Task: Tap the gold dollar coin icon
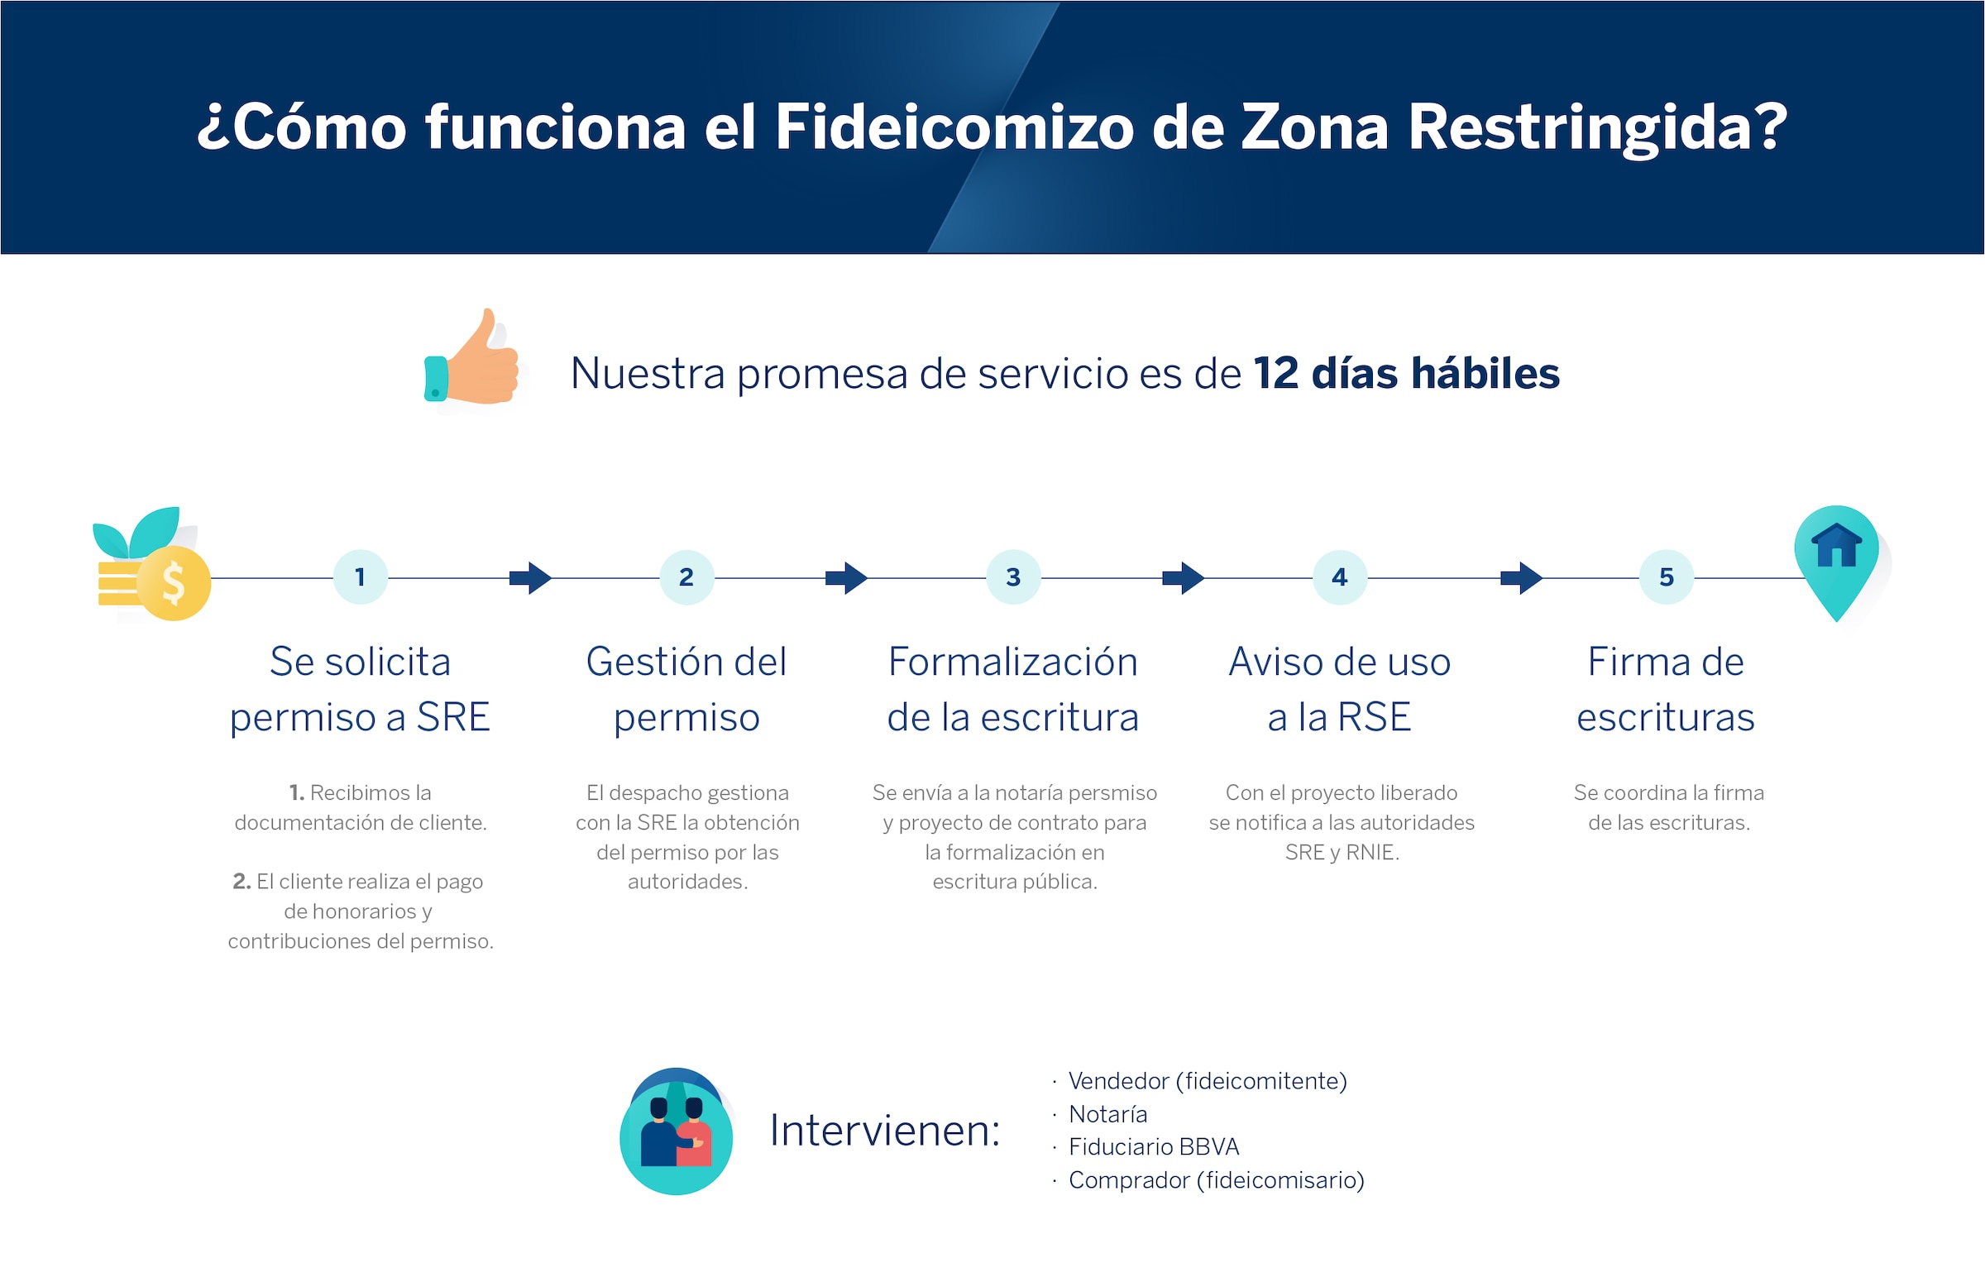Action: pyautogui.click(x=174, y=583)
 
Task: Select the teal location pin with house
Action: pyautogui.click(x=1837, y=562)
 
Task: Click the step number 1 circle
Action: pyautogui.click(x=360, y=577)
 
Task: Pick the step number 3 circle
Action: pyautogui.click(x=1013, y=577)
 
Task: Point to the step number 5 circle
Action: pyautogui.click(x=1667, y=577)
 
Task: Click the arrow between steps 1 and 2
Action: pyautogui.click(x=531, y=578)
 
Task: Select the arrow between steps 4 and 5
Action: pyautogui.click(x=1522, y=578)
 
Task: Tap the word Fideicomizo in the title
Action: pyautogui.click(x=954, y=127)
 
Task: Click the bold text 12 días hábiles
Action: pyautogui.click(x=1407, y=373)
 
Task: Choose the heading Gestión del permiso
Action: pyautogui.click(x=686, y=689)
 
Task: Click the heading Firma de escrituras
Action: pyautogui.click(x=1666, y=689)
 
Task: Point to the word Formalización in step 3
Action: pyautogui.click(x=1013, y=662)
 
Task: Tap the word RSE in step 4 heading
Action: pyautogui.click(x=1374, y=717)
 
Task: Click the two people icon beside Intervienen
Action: pyautogui.click(x=676, y=1131)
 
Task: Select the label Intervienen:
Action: pyautogui.click(x=885, y=1131)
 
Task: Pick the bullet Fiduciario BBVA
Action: pyautogui.click(x=1153, y=1147)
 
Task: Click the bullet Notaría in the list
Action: pyautogui.click(x=1107, y=1114)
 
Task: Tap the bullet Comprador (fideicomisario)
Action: pyautogui.click(x=1217, y=1180)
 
